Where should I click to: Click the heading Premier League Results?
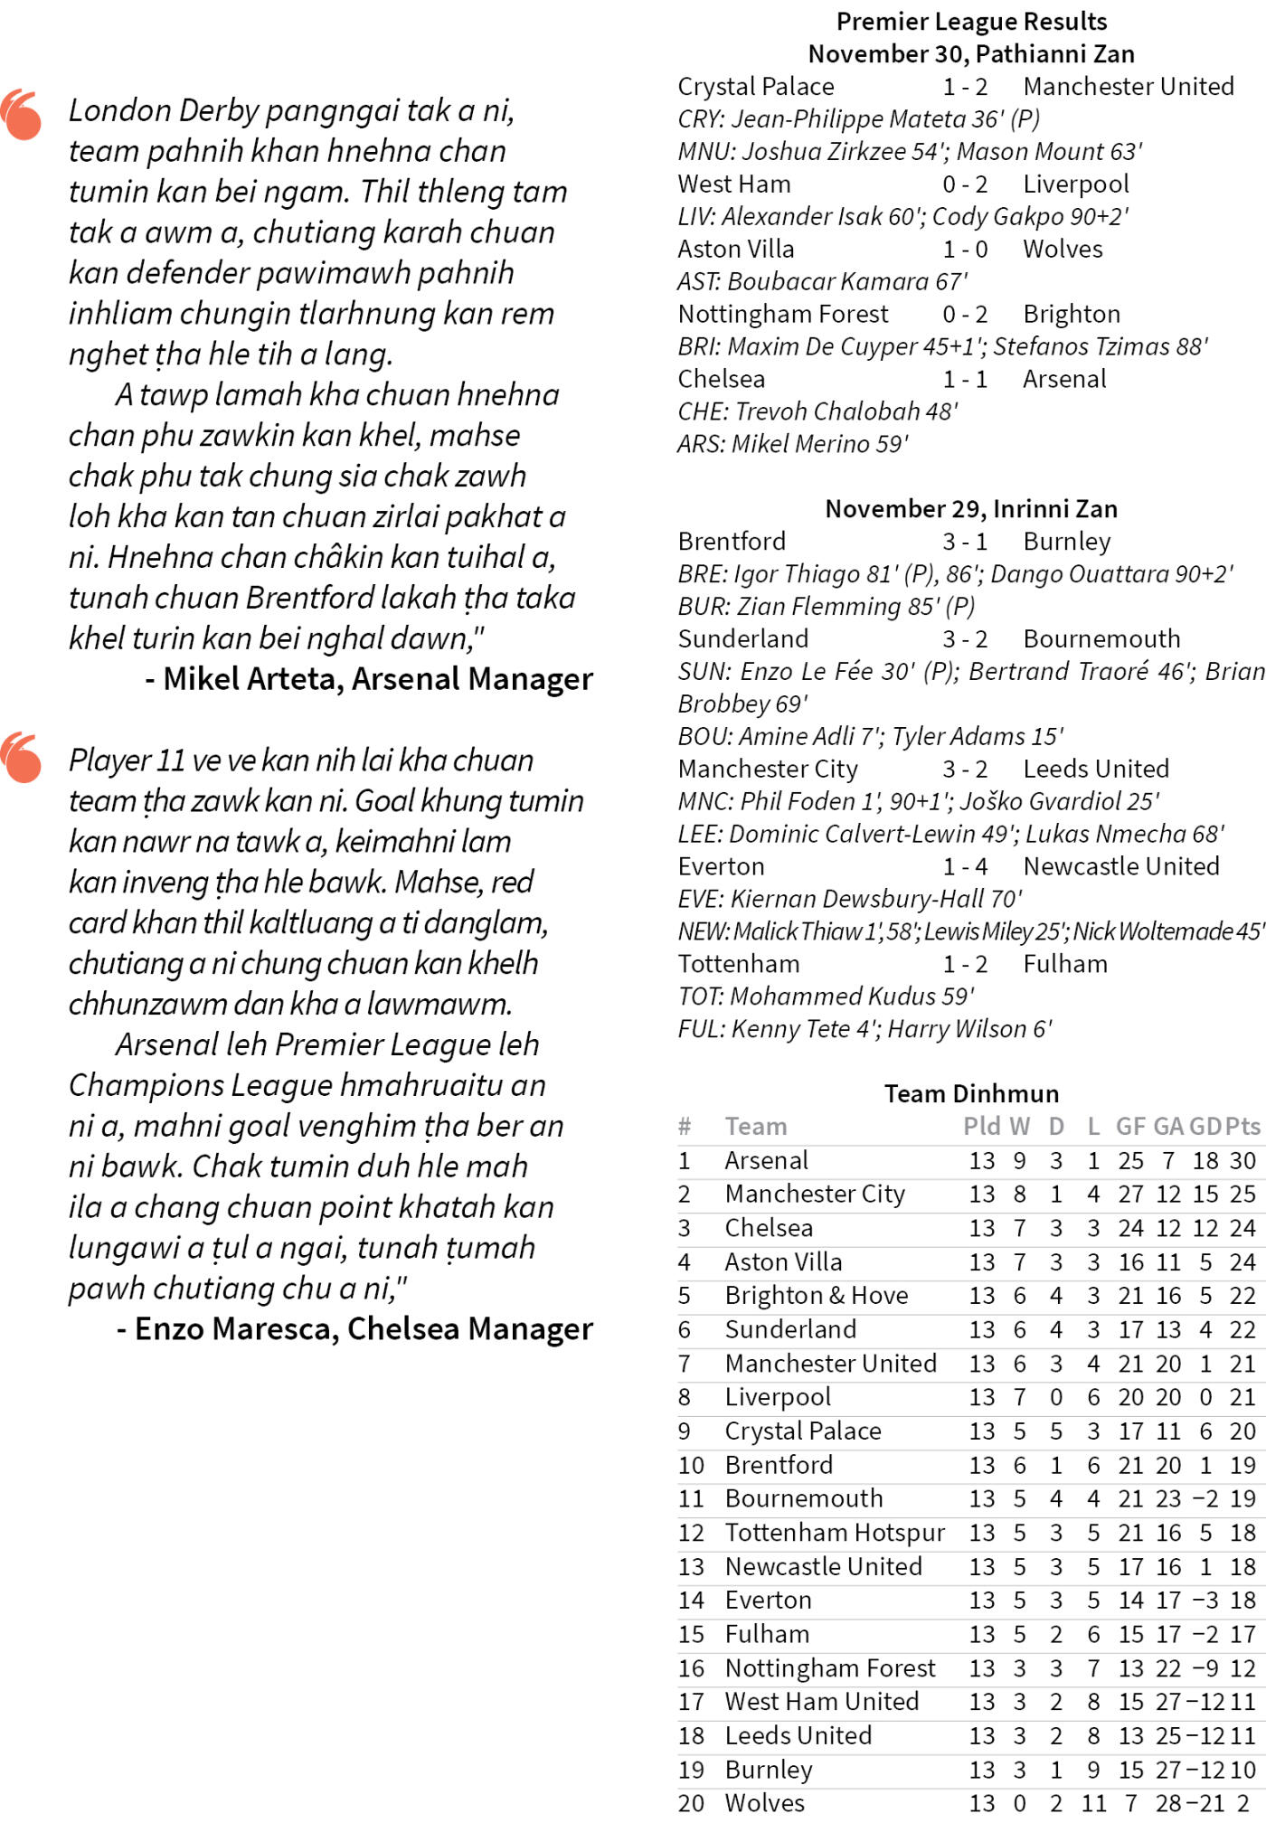971,21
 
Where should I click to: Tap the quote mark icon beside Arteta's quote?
21,115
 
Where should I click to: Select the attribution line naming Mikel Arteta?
369,678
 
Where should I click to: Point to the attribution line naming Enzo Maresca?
354,1328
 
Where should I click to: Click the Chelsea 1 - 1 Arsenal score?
965,379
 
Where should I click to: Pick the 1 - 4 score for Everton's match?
965,866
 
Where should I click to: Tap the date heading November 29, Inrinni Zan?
971,508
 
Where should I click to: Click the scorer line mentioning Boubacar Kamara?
822,281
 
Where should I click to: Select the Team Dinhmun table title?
971,1093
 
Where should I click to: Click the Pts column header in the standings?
1242,1126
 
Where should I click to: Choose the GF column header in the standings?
1130,1126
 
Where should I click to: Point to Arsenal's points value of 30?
1242,1160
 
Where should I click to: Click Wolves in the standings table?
764,1803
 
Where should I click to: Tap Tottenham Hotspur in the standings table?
834,1533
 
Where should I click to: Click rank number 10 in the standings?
691,1465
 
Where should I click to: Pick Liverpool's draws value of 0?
1056,1397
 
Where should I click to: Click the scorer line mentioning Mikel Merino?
793,444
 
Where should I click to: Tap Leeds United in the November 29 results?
1096,769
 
